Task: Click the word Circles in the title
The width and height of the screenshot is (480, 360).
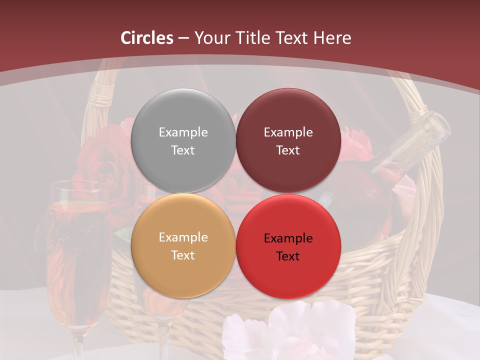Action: tap(147, 38)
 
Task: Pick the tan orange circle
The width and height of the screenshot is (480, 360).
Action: tap(183, 272)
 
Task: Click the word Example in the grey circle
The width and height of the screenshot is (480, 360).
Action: tap(183, 132)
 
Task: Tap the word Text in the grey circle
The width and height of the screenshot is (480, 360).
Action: tap(183, 150)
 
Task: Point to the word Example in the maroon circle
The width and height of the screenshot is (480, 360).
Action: tap(288, 132)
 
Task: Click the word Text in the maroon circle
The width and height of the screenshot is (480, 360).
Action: tap(288, 150)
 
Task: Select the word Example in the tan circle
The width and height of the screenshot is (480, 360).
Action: tap(183, 237)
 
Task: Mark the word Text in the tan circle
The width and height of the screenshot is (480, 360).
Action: tap(183, 255)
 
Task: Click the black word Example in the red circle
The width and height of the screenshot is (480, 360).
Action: tap(288, 238)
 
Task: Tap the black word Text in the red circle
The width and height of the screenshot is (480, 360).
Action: tap(288, 256)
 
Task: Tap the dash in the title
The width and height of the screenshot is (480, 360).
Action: tap(183, 38)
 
